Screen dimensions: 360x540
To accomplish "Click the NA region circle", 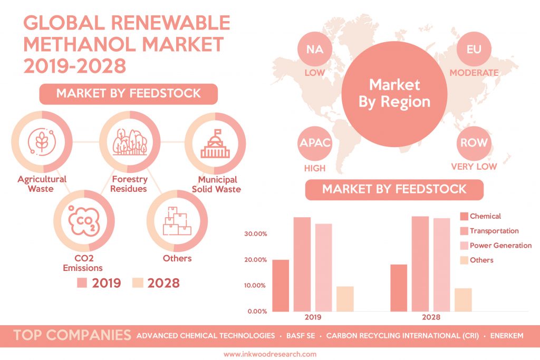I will [x=315, y=51].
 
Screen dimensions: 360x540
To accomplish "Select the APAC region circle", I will [x=315, y=143].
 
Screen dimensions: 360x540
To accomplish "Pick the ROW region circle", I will [x=473, y=143].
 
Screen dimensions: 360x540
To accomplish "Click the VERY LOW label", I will [x=474, y=167].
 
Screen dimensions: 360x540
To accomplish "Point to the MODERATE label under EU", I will [x=474, y=72].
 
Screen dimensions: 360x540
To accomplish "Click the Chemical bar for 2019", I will [x=281, y=285].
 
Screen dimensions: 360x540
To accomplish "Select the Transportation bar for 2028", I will [x=420, y=264].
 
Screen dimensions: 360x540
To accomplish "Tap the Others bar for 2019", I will [x=345, y=298].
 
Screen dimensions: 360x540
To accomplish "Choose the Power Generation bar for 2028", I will [x=442, y=264].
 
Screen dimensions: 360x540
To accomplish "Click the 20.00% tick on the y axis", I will [x=256, y=260].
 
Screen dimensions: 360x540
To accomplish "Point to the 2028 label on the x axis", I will [x=431, y=318].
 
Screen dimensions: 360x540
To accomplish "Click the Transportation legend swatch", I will [x=464, y=231].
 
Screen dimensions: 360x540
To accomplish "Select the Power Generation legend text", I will [x=500, y=245].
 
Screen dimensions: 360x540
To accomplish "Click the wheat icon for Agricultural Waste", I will [x=42, y=141].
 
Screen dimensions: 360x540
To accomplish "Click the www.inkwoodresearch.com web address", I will [x=269, y=354].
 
